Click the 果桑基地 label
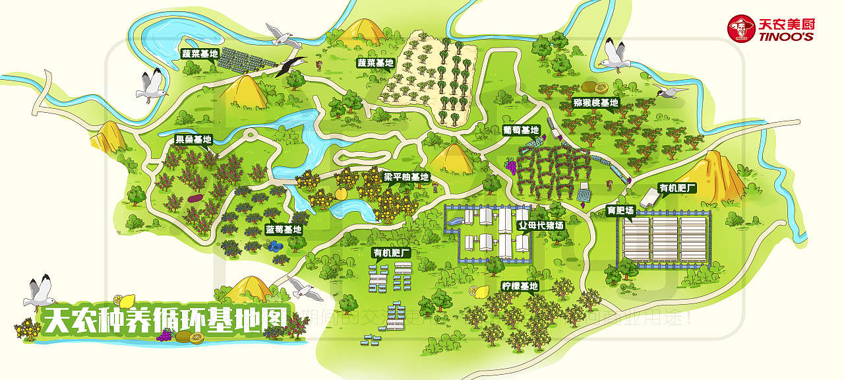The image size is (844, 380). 193,140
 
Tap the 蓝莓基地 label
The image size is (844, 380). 284,230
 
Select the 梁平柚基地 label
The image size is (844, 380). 406,177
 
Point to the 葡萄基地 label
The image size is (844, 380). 521,131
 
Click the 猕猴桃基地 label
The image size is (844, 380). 595,103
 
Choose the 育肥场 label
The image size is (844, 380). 620,211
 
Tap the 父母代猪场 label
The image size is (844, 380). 541,225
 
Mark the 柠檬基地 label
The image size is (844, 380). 520,286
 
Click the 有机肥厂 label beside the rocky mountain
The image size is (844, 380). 678,188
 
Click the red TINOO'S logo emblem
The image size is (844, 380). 741,28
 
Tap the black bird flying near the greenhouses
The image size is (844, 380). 290,66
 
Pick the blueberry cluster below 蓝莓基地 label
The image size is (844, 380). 274,245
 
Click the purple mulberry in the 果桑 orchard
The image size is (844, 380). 195,198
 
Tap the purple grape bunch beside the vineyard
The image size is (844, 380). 510,166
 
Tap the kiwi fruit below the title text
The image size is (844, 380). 196,338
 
